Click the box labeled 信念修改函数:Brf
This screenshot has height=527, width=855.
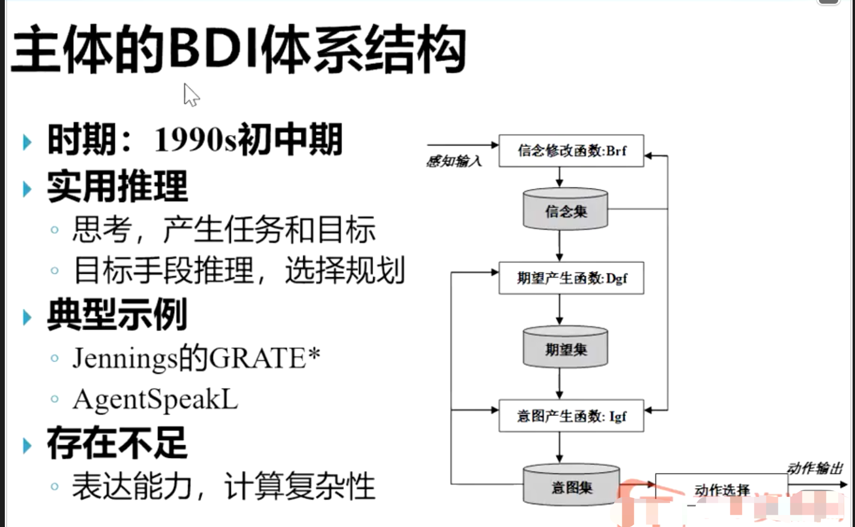coord(571,151)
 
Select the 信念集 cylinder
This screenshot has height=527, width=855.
coord(565,209)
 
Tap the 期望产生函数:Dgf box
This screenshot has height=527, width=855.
coord(571,278)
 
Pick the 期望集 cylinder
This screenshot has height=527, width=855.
coord(565,348)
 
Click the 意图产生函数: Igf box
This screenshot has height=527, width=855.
coord(571,415)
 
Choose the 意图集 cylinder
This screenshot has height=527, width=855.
coord(571,485)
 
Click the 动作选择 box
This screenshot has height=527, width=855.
coord(722,490)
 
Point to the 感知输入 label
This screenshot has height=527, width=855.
coord(454,161)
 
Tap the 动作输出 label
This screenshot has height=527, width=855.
coord(815,468)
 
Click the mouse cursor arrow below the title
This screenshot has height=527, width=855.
coord(190,95)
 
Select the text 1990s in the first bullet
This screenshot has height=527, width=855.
coord(195,140)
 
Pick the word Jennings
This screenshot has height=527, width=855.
coord(125,358)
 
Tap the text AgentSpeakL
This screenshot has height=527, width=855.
coord(156,400)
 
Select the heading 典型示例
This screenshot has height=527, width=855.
coord(117,315)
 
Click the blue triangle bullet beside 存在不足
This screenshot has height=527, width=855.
coord(27,445)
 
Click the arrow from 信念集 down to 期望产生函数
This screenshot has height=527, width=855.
coord(560,245)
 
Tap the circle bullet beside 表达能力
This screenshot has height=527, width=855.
coord(55,486)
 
